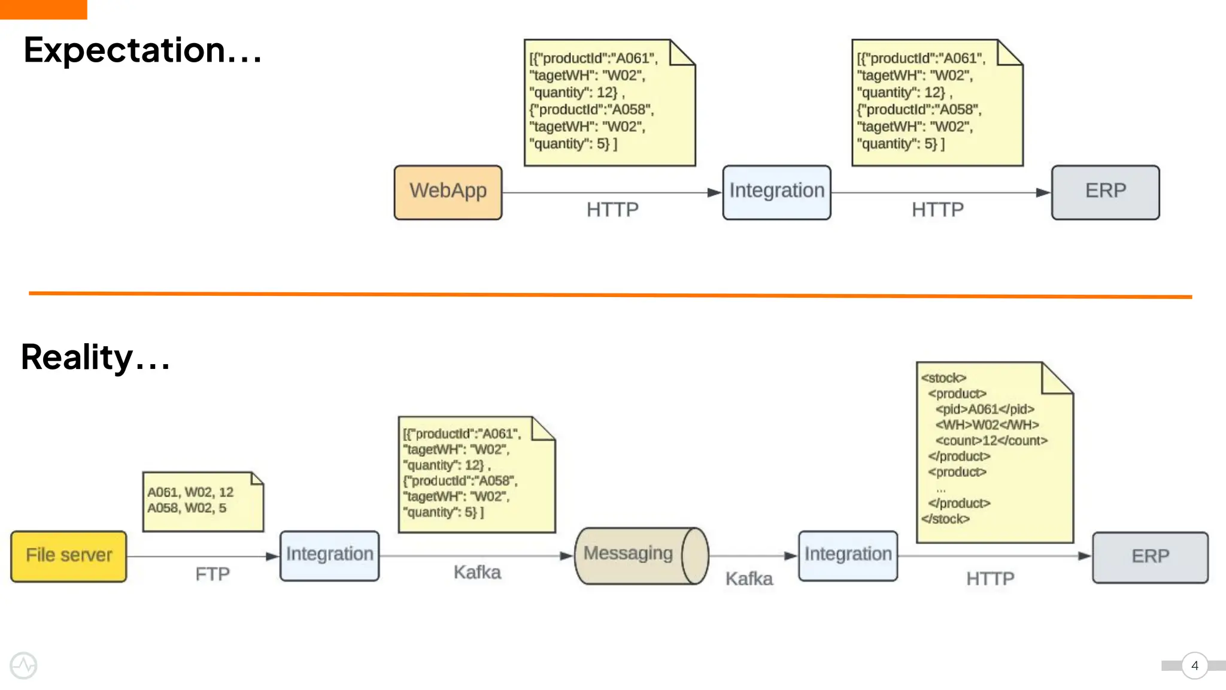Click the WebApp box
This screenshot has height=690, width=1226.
(x=448, y=192)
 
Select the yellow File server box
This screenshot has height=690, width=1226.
(x=69, y=556)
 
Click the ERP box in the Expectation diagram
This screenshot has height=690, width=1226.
(x=1105, y=192)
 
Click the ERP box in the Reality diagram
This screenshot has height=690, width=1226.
(x=1149, y=557)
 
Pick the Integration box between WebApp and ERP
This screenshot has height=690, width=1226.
(x=776, y=192)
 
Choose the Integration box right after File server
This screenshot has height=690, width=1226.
(x=329, y=555)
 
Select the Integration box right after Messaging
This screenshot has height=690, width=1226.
(x=848, y=555)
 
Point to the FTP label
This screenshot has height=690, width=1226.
(x=213, y=574)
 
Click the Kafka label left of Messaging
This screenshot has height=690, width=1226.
(x=477, y=572)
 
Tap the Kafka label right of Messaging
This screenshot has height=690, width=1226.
(x=749, y=579)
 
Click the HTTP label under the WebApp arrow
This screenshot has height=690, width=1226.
(x=612, y=210)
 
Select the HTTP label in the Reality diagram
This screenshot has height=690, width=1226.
(x=990, y=579)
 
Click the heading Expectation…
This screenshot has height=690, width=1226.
(x=142, y=50)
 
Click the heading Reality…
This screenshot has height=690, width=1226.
(x=96, y=357)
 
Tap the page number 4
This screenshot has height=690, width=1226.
(x=1194, y=665)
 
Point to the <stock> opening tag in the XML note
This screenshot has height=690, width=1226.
(x=943, y=378)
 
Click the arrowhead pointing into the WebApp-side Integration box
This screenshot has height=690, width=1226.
(x=714, y=192)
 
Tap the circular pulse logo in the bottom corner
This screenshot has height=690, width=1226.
(x=23, y=665)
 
